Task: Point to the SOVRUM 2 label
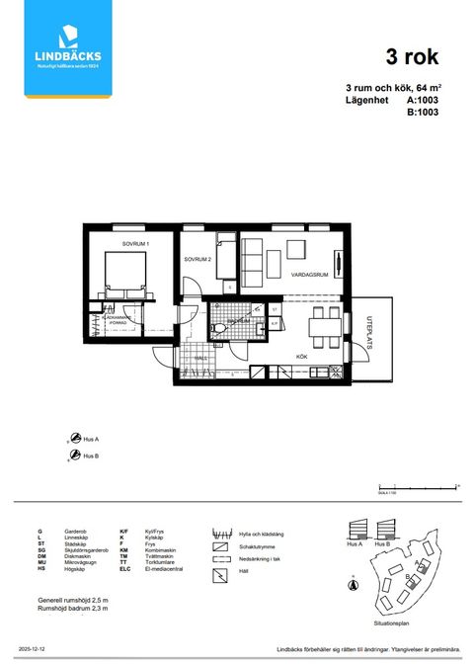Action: point(197,259)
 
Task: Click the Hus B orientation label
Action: point(91,456)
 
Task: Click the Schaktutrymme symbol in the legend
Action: point(221,544)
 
